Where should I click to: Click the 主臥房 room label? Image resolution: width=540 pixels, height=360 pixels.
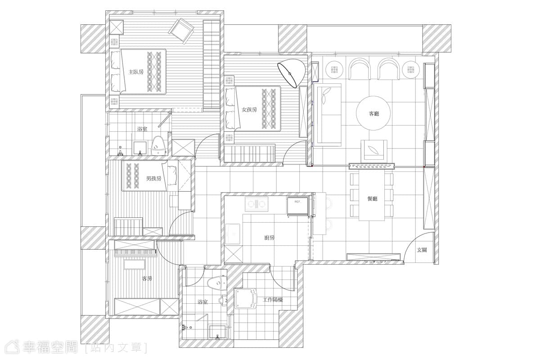pyautogui.click(x=136, y=72)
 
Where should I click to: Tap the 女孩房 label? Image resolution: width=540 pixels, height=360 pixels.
pyautogui.click(x=249, y=110)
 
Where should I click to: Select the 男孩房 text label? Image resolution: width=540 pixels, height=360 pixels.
pyautogui.click(x=153, y=179)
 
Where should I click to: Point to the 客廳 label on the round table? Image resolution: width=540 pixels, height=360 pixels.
pyautogui.click(x=374, y=113)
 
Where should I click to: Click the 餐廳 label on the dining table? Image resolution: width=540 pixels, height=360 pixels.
pyautogui.click(x=372, y=199)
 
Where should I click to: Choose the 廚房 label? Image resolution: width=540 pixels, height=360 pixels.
pyautogui.click(x=269, y=238)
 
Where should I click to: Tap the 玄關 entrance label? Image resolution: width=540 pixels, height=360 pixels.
pyautogui.click(x=422, y=250)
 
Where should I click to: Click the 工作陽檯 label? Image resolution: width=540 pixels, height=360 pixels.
pyautogui.click(x=273, y=300)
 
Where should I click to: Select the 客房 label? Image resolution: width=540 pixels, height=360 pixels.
pyautogui.click(x=147, y=279)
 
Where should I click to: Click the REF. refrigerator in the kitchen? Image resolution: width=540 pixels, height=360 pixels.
pyautogui.click(x=298, y=207)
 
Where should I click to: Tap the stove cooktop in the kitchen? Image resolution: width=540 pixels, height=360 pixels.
pyautogui.click(x=256, y=204)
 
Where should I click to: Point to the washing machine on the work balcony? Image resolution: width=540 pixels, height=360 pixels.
pyautogui.click(x=245, y=299)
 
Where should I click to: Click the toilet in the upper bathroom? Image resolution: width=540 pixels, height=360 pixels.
pyautogui.click(x=158, y=146)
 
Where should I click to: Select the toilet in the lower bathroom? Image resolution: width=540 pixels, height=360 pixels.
pyautogui.click(x=217, y=284)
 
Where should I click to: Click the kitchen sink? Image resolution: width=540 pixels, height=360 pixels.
pyautogui.click(x=233, y=234)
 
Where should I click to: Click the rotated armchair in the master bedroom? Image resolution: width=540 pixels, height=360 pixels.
pyautogui.click(x=182, y=31)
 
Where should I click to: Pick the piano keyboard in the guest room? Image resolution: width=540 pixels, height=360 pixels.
pyautogui.click(x=135, y=253)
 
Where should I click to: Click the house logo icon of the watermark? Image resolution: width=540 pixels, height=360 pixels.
pyautogui.click(x=13, y=347)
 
